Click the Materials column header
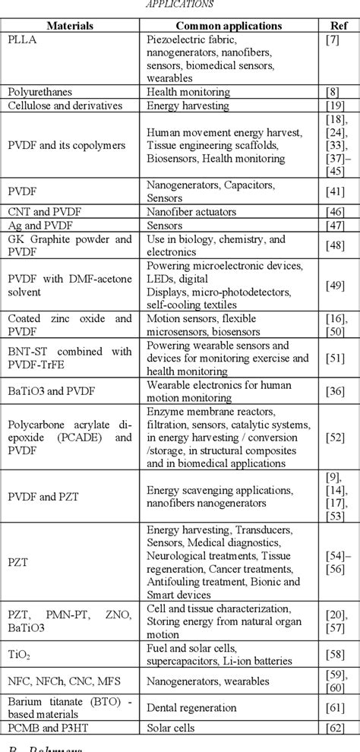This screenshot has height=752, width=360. tap(70, 25)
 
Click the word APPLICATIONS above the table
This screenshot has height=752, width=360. tap(180, 5)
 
